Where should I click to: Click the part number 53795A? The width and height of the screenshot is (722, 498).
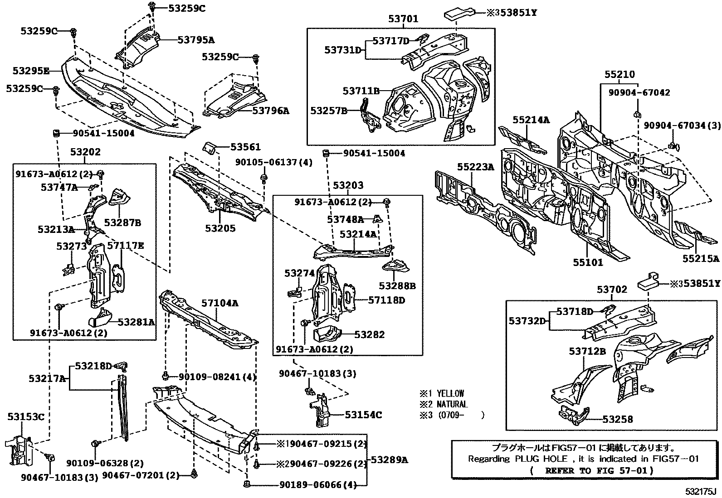coord(195,40)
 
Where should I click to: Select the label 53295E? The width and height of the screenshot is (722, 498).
coord(31,71)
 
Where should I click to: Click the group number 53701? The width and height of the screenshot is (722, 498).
coord(403,19)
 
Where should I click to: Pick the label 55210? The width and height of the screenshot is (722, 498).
coord(620,74)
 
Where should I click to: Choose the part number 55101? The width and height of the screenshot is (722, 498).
coord(588,262)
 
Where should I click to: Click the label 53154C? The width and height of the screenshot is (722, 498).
coord(363,415)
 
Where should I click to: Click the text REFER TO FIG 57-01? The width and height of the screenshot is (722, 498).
coord(599,470)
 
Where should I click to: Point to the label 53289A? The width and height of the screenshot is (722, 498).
coord(389,460)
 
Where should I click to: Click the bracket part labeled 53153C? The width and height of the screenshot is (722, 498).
coord(18,449)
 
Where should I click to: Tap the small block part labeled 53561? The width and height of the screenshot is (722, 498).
coord(209,148)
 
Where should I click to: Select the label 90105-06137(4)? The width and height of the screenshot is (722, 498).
coord(273,162)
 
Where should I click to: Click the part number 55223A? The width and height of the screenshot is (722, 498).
coord(475,167)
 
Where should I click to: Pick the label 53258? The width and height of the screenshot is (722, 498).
coord(617,420)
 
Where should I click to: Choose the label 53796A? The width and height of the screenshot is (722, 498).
coord(270,111)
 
